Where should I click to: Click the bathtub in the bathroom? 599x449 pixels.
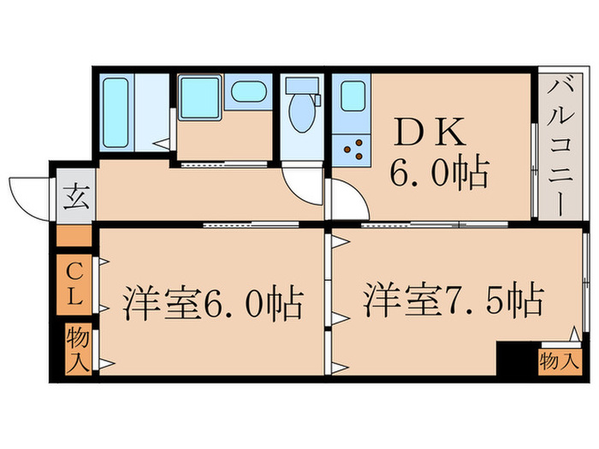click(x=116, y=112)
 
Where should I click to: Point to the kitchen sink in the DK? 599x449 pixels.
click(x=353, y=96)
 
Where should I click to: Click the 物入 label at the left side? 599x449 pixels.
click(x=77, y=348)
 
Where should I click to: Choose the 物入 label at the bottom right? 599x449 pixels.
click(x=559, y=361)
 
